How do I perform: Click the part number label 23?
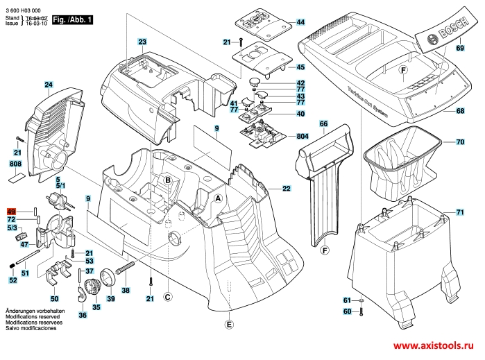tap(142, 42)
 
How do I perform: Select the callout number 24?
tap(49, 85)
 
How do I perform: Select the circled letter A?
tap(218, 197)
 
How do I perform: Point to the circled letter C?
tap(167, 297)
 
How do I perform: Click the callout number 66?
tap(323, 123)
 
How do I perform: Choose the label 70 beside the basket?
tap(460, 142)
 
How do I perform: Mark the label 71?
tap(460, 212)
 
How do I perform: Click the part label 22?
tap(286, 188)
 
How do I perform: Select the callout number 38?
tap(126, 290)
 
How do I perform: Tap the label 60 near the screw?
tap(347, 311)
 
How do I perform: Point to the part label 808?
tap(15, 164)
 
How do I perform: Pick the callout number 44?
tap(300, 23)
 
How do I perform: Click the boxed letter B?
tap(167, 181)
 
